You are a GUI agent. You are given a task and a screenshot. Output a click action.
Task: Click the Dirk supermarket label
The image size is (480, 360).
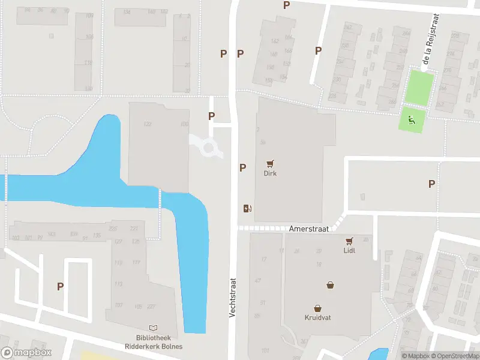(x=270, y=173)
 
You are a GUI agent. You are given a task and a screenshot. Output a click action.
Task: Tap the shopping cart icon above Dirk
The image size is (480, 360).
(x=270, y=163)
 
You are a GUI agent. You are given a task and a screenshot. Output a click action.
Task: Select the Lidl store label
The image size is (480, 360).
(x=349, y=250)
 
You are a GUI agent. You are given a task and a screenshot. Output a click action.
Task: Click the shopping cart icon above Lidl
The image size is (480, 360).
(x=349, y=241)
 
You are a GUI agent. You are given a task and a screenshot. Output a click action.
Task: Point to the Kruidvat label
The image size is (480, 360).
(x=317, y=318)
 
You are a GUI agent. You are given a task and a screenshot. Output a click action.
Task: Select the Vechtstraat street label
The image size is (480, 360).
(x=233, y=297)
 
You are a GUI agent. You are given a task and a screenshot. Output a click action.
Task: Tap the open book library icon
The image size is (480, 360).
(x=154, y=328)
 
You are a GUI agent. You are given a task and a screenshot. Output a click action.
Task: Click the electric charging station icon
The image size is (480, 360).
(x=247, y=208)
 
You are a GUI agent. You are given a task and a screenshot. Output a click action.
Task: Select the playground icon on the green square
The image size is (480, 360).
(x=412, y=119)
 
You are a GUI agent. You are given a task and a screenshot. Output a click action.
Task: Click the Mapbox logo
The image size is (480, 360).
(x=26, y=353)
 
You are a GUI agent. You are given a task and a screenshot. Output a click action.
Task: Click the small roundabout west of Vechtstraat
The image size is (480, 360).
(x=210, y=148)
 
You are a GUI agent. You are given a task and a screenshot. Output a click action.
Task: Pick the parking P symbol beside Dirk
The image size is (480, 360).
(x=242, y=168)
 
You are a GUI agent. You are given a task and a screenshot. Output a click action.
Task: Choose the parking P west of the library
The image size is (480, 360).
(x=60, y=286)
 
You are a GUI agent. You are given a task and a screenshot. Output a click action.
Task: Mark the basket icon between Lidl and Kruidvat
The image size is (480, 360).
(x=330, y=285)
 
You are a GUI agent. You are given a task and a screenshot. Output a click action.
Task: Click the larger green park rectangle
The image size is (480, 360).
(x=419, y=87)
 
